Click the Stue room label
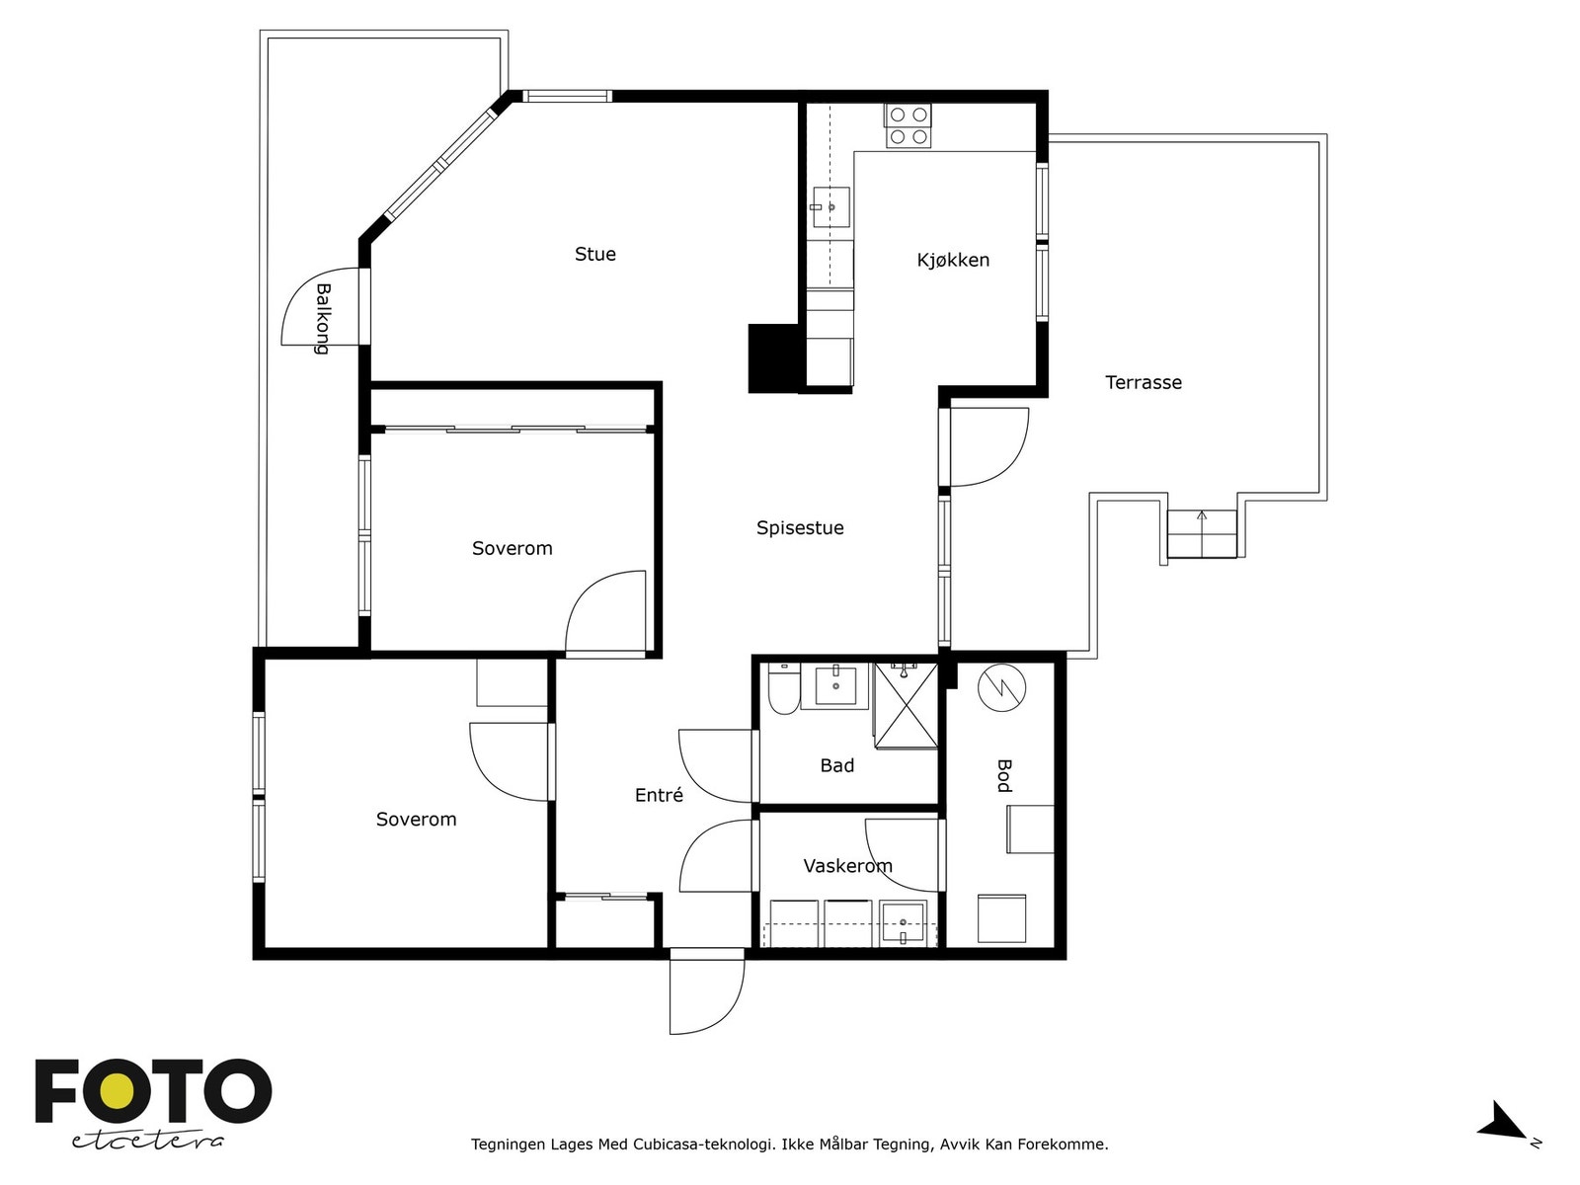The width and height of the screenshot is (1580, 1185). click(x=594, y=254)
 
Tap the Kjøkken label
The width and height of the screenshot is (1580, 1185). click(x=953, y=260)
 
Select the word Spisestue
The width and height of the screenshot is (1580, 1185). click(x=800, y=528)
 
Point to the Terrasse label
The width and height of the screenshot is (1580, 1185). click(x=1144, y=382)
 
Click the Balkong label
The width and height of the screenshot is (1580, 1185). click(x=323, y=319)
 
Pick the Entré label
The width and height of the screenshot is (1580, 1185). click(x=659, y=794)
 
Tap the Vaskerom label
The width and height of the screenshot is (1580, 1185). click(x=847, y=866)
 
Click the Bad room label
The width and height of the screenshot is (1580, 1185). click(x=836, y=765)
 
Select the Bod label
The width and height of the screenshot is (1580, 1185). click(x=1004, y=775)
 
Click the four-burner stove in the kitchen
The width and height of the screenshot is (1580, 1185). click(x=908, y=126)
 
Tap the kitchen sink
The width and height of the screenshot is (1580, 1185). click(x=831, y=207)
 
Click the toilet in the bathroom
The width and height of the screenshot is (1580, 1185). click(x=783, y=689)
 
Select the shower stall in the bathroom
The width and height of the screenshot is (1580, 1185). click(x=906, y=706)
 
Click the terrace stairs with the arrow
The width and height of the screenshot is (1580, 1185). click(x=1202, y=534)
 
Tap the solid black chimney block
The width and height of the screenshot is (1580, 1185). click(x=775, y=358)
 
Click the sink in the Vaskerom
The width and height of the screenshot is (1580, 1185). click(x=902, y=923)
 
